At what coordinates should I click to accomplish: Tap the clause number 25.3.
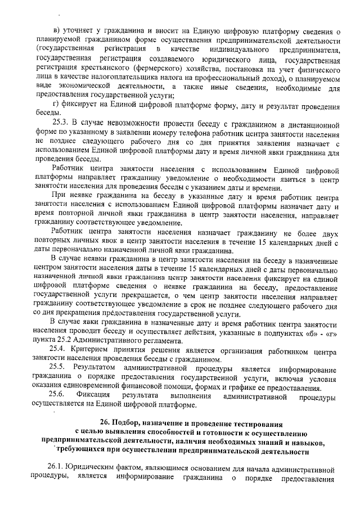(x=60, y=124)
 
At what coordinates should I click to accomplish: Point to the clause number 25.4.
(x=58, y=349)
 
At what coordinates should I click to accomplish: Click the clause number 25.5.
(x=58, y=368)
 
